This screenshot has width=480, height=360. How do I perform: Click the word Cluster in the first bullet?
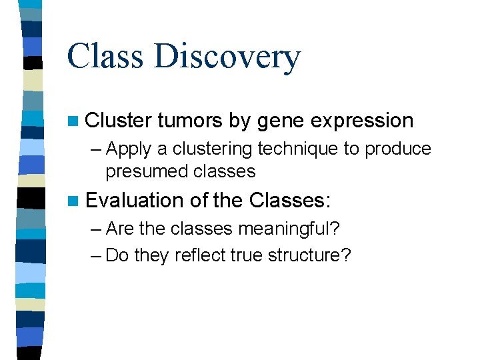119,121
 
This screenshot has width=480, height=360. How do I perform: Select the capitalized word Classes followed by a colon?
289,200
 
